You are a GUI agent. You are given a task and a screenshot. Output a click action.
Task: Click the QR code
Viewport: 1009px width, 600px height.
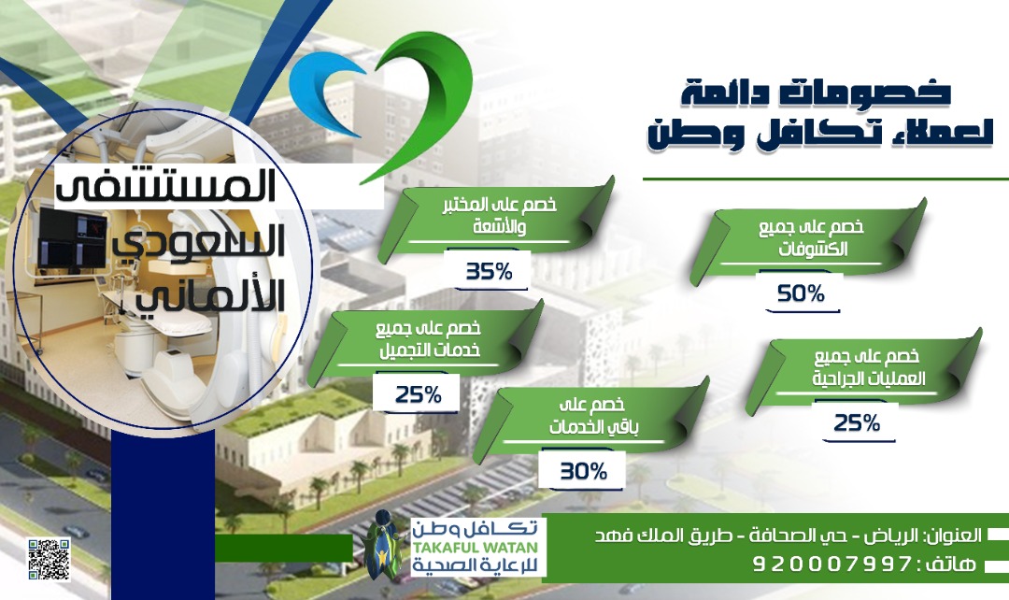[49, 559]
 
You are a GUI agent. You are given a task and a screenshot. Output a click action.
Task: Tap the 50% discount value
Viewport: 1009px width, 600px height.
[802, 294]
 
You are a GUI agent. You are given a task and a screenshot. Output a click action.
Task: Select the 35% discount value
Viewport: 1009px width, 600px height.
[489, 272]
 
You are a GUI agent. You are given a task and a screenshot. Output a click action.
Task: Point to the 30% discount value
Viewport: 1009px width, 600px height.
[584, 472]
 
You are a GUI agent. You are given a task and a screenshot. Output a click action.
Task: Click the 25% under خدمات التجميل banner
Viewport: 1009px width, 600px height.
[419, 394]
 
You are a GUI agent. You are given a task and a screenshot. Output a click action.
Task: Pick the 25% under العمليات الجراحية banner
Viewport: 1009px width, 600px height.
[857, 423]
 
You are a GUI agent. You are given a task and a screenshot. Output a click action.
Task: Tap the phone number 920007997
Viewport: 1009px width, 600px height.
[831, 564]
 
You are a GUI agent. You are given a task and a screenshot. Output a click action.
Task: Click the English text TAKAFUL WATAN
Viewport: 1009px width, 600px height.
[475, 548]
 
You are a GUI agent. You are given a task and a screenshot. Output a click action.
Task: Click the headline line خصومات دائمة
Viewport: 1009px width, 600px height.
[816, 93]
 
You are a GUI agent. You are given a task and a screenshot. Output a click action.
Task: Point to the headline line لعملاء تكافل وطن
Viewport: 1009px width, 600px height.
[820, 134]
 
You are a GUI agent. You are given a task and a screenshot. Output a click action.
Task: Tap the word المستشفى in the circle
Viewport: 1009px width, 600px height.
[166, 186]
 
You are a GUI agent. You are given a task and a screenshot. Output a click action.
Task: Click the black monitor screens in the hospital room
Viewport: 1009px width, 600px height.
[73, 238]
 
